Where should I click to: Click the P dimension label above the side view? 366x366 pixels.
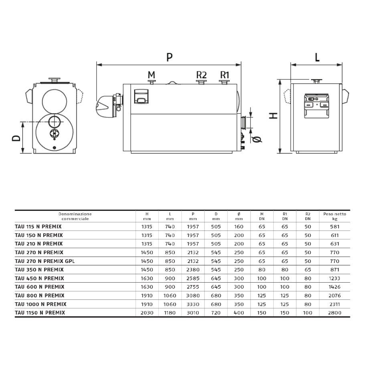coord(170,57)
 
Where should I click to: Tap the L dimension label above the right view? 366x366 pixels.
coord(317,57)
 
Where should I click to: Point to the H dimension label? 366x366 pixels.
coord(273,115)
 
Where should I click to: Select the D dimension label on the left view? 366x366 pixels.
coord(16,138)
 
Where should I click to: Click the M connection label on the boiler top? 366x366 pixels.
coord(152,75)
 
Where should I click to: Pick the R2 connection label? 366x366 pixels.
coord(201,75)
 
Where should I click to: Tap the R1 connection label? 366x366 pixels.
coord(224,75)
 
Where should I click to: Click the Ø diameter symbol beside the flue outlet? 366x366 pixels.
coord(257,139)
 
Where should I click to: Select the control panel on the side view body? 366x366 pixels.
coord(141,96)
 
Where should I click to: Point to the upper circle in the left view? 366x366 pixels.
coord(55,101)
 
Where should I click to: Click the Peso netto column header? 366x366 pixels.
coord(335,216)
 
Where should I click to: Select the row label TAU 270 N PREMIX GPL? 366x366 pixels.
coord(45,261)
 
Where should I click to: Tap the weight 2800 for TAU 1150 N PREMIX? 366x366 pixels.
coord(335,313)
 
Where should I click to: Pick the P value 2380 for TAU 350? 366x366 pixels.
coord(193,270)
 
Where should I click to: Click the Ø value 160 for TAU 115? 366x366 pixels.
coord(239,226)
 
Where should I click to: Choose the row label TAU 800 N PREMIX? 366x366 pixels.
coord(40,295)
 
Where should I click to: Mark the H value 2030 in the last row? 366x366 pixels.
coord(147,313)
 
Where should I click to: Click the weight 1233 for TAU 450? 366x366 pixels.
coord(335,278)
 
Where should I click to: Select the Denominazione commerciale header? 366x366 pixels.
coord(75,216)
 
